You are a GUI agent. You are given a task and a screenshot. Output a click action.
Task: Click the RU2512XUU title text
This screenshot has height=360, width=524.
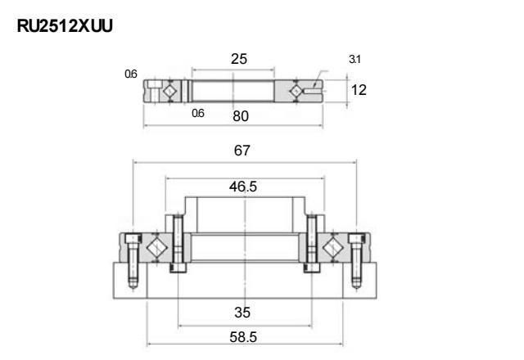click(65, 25)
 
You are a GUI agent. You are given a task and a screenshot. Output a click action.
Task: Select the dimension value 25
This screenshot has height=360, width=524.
click(239, 59)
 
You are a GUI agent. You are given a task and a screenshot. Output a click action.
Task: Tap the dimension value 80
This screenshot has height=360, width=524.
click(241, 116)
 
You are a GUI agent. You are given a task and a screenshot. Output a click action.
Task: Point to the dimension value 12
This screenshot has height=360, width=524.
click(359, 90)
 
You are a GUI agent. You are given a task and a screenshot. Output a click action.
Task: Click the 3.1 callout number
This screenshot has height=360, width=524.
click(355, 59)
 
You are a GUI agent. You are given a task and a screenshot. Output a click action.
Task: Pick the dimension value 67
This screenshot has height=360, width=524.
click(242, 151)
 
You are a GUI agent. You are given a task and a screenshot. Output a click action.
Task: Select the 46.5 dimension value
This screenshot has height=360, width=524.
click(243, 187)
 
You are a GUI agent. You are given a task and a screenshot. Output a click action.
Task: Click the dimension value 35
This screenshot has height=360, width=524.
click(242, 313)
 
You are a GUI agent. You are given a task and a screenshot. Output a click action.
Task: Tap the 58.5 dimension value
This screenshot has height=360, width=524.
click(243, 337)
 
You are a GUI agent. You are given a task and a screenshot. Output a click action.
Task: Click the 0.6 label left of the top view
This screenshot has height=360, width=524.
click(131, 74)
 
